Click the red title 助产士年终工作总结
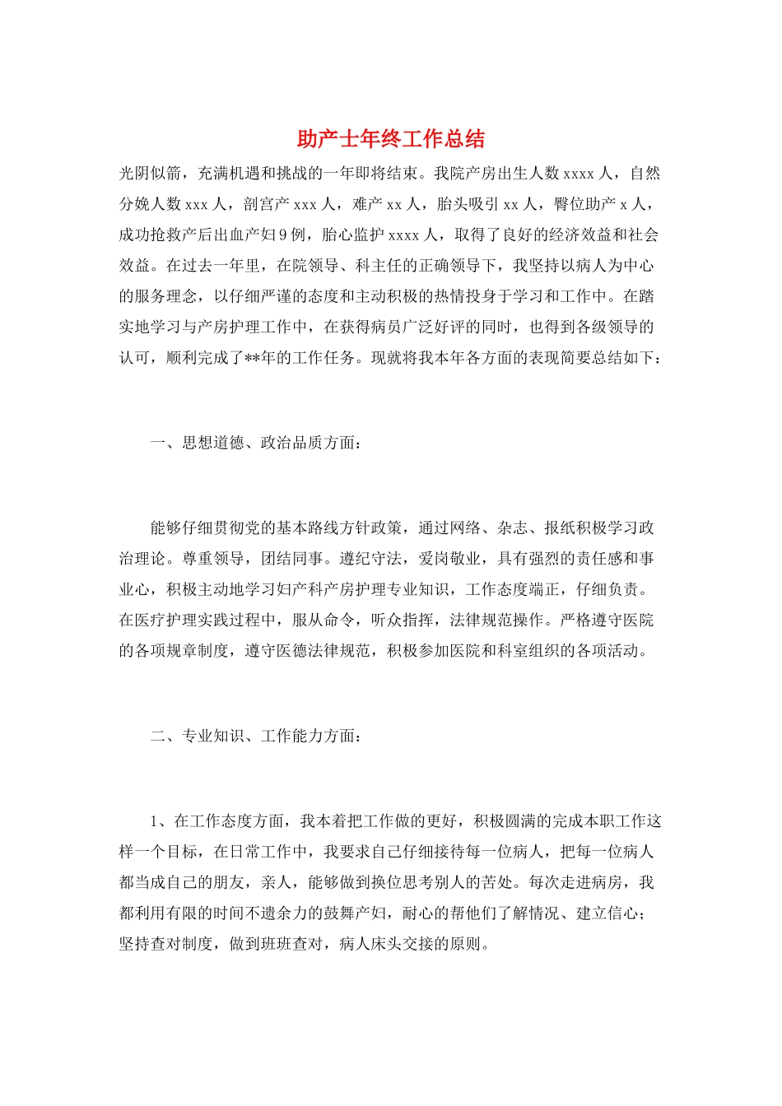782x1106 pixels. pos(390,138)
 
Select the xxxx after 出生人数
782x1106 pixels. pos(579,174)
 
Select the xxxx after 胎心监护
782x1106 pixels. pos(403,235)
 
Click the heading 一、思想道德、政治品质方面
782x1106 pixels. pos(255,444)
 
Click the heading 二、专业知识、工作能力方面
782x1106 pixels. pos(255,736)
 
